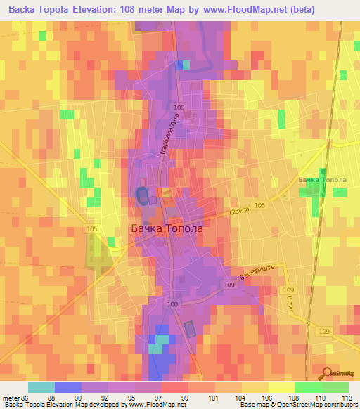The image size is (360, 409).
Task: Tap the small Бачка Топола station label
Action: point(322,181)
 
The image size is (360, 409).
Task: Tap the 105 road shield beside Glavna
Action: point(260,204)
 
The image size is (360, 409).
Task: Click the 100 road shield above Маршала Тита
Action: point(179,107)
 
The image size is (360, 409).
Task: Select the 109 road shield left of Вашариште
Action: point(229,284)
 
